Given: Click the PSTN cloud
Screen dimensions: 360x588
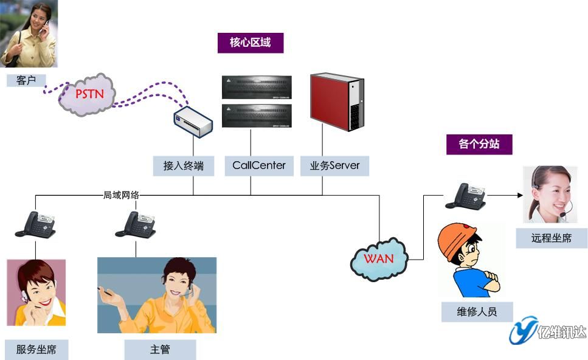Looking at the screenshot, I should pyautogui.click(x=89, y=94).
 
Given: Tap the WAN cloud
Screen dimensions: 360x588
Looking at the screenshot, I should pyautogui.click(x=378, y=258).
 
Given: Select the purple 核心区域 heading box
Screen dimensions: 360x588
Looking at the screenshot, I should pyautogui.click(x=250, y=43).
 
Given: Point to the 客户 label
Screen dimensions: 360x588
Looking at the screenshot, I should pyautogui.click(x=26, y=80).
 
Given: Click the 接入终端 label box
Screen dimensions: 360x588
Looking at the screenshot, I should pyautogui.click(x=184, y=165).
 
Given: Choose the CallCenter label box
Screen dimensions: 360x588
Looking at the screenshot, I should pyautogui.click(x=259, y=165).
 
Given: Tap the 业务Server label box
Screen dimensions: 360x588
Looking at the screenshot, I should pyautogui.click(x=334, y=165).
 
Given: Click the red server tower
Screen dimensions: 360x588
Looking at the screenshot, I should pyautogui.click(x=337, y=102).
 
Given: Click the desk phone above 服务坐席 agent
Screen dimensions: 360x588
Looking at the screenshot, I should pyautogui.click(x=35, y=224).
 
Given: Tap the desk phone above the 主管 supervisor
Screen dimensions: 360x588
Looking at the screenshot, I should pyautogui.click(x=136, y=224).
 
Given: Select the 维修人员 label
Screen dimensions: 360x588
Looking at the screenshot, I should pyautogui.click(x=477, y=312).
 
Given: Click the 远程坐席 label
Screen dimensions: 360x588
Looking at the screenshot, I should pyautogui.click(x=551, y=238).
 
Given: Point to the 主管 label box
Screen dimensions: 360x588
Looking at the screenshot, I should pyautogui.click(x=160, y=350).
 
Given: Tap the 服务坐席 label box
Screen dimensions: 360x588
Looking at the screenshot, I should pyautogui.click(x=36, y=350).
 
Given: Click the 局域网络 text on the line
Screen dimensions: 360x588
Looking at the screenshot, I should pyautogui.click(x=121, y=195).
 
